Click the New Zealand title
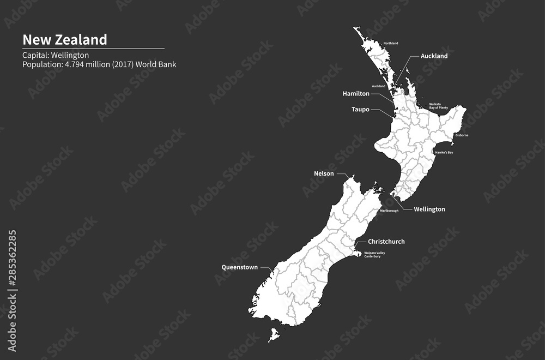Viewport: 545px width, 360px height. pos(64,40)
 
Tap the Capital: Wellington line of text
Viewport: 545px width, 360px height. pos(56,55)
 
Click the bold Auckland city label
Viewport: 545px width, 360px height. pos(434,56)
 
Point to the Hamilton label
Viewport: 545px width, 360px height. pos(356,94)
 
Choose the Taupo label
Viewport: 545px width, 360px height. pos(360,110)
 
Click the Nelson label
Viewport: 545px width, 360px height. pos(324,174)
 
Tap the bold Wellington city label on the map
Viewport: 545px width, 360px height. pos(429,209)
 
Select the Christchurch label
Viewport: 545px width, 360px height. pos(386,242)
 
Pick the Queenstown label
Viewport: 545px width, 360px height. pos(239,267)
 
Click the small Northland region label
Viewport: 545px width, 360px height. pos(391,43)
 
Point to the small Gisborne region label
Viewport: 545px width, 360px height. pos(462,135)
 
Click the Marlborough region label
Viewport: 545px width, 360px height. pos(389,211)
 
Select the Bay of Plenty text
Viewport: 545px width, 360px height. pos(438,108)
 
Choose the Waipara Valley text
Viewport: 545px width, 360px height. pos(374,253)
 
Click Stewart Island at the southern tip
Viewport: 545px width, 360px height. pos(274,334)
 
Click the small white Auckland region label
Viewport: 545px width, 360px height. pos(378,86)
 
